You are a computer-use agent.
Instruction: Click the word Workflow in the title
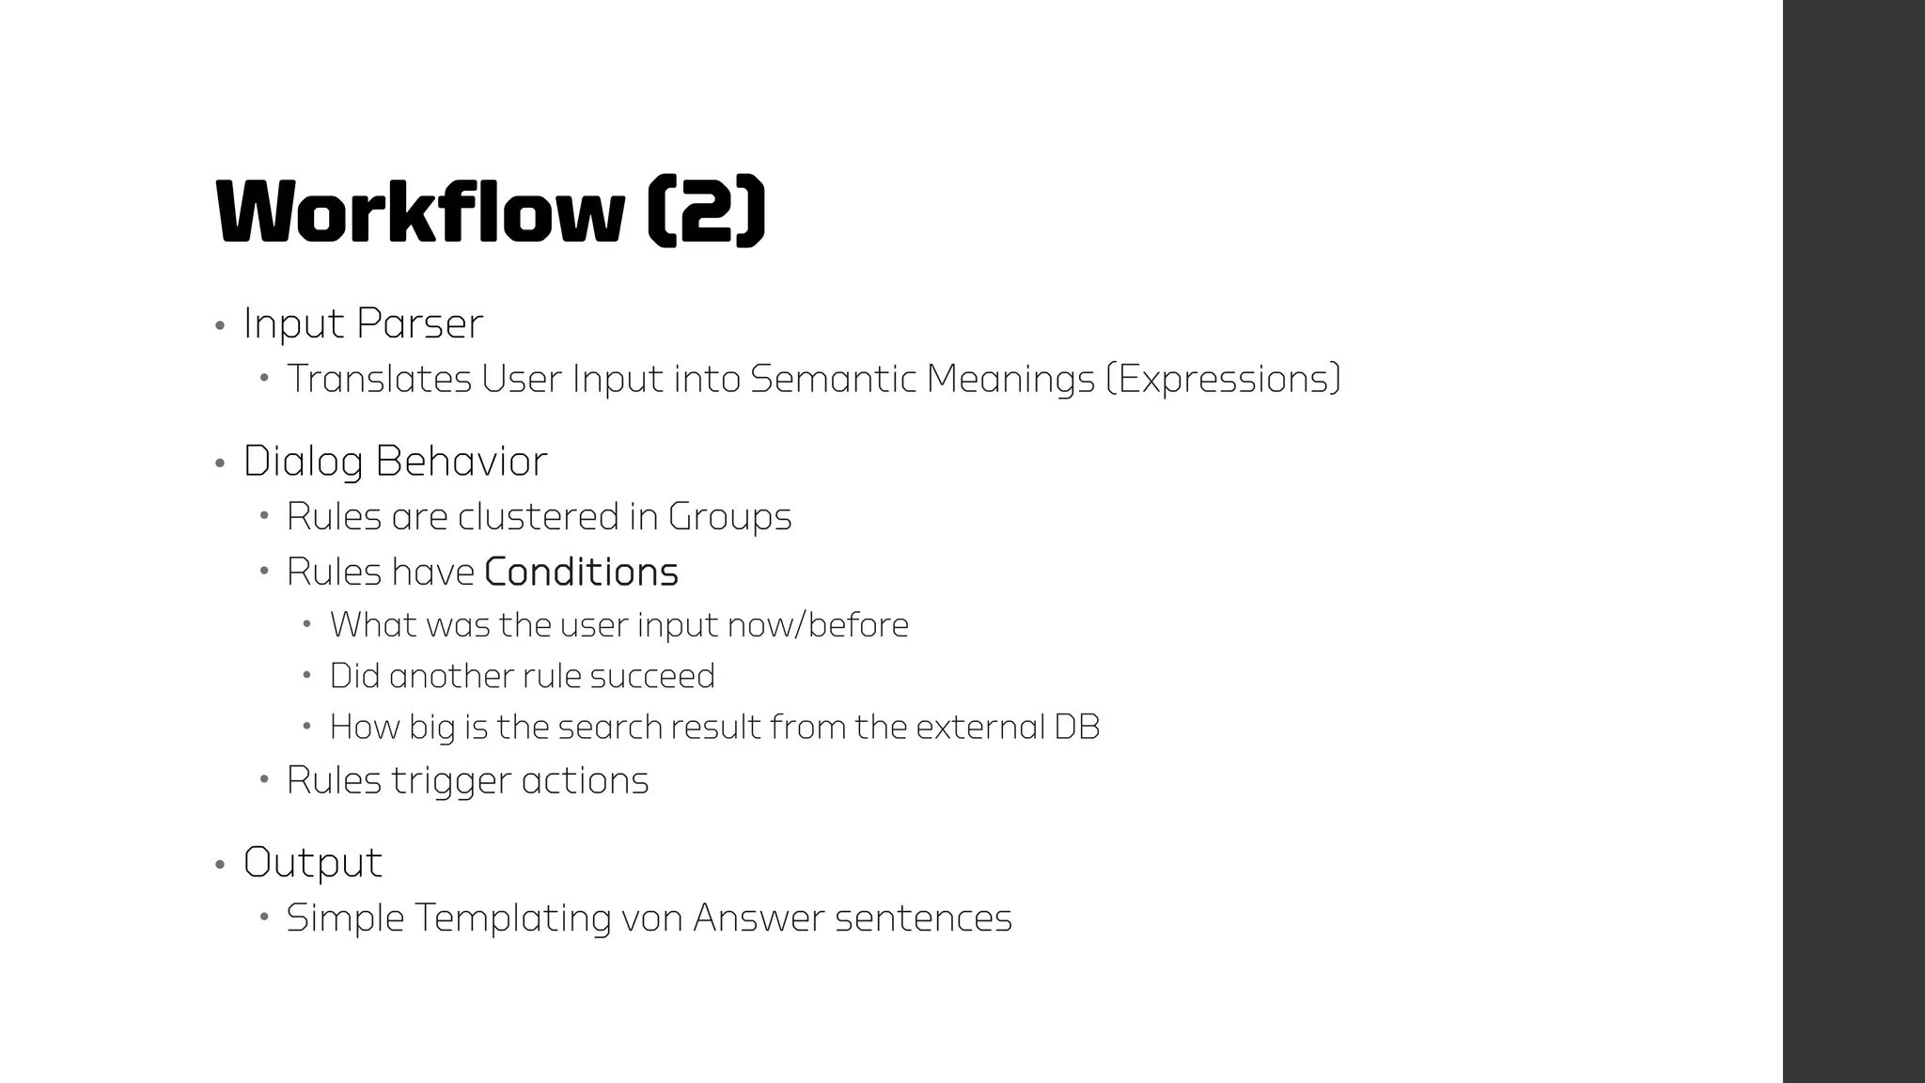[419, 212]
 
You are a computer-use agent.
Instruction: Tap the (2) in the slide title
[707, 212]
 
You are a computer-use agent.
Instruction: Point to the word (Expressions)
[1223, 379]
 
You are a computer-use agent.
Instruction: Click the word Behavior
[461, 462]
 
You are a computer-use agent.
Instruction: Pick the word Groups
[729, 517]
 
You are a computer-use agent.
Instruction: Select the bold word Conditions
[581, 573]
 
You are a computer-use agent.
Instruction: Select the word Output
[313, 863]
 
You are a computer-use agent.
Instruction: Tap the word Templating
[513, 918]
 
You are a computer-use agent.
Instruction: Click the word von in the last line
[652, 918]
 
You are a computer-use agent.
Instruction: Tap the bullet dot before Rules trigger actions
[265, 779]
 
